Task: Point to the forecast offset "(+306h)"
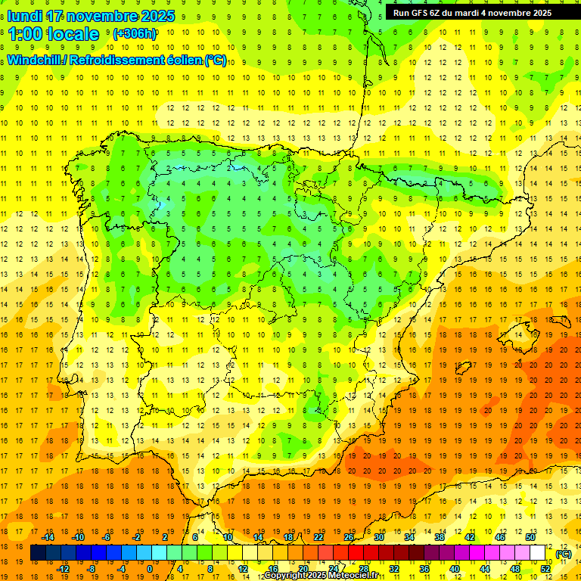[x=134, y=34]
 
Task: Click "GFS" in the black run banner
[x=421, y=13]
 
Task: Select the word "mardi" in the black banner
[x=464, y=13]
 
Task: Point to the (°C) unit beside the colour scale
[x=564, y=554]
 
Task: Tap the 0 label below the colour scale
[x=151, y=569]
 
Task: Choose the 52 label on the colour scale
[x=545, y=569]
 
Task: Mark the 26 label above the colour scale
[x=349, y=537]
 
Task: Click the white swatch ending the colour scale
[x=538, y=553]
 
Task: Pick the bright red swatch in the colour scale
[x=356, y=553]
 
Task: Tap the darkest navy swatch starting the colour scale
[x=39, y=553]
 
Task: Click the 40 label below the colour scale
[x=455, y=569]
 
